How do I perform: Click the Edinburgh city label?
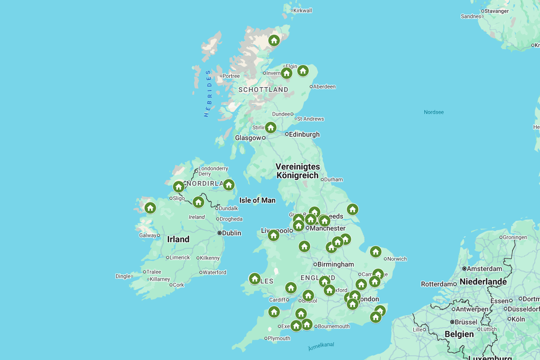tap(304, 135)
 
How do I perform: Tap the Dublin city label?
tap(231, 233)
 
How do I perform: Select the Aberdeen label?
tap(324, 87)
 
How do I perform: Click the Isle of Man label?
tap(257, 200)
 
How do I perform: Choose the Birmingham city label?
tap(335, 264)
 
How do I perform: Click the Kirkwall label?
tap(303, 11)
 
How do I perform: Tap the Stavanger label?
tap(496, 11)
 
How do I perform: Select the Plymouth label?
tap(279, 338)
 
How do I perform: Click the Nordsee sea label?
tap(434, 112)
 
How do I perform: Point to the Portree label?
tap(231, 76)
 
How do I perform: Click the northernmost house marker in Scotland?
tap(274, 40)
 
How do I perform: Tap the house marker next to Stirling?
tap(271, 128)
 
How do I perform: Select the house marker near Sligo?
tap(179, 187)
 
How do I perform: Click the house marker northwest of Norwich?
tap(376, 252)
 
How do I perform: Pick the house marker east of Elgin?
tap(303, 71)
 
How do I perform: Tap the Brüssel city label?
tap(465, 322)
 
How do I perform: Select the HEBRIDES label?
tap(208, 93)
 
